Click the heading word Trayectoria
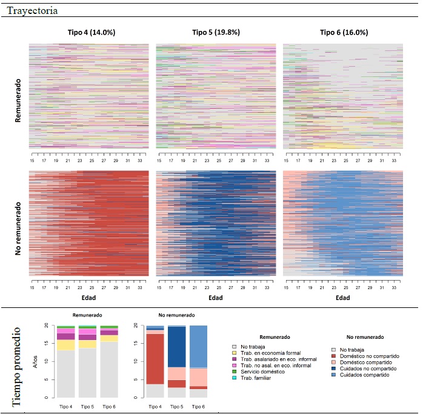33,10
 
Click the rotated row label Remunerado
18,101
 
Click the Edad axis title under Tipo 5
216,298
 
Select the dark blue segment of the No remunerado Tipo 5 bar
177,347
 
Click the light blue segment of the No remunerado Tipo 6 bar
199,346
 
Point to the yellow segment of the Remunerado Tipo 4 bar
66,345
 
